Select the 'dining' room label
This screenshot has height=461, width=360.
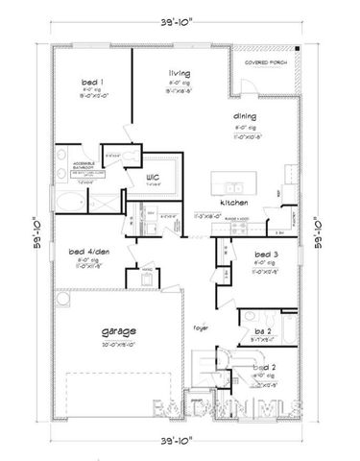tap(242, 117)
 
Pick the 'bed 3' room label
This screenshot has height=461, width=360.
tap(265, 254)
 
